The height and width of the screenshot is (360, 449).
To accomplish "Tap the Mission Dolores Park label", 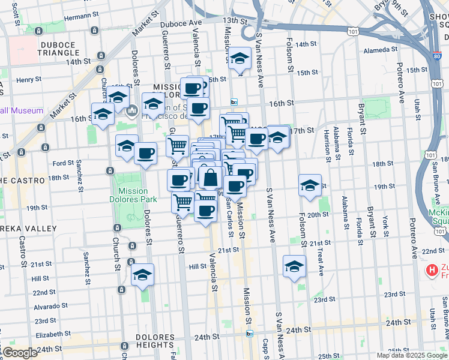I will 133,195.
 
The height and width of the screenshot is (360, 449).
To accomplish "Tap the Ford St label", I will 63,163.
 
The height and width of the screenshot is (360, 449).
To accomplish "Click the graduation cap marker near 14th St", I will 240,59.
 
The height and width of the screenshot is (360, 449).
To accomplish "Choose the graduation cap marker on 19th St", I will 310,186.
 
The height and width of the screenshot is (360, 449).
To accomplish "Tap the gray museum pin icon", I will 133,110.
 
